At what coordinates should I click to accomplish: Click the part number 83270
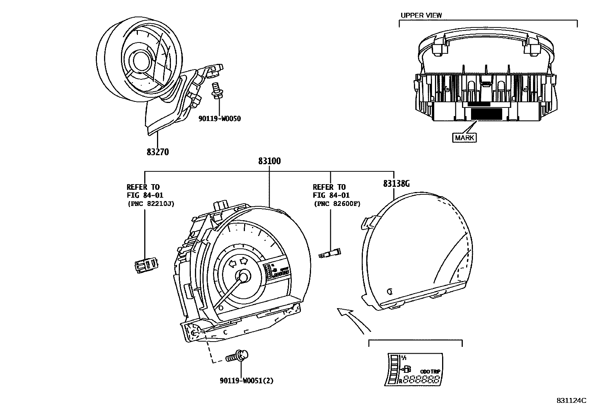(158, 152)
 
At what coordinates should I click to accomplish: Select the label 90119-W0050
(219, 119)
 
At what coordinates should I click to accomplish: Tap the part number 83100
(269, 161)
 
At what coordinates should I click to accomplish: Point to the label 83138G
(396, 184)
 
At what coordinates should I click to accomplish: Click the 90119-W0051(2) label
(246, 381)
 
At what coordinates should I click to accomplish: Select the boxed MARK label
(464, 138)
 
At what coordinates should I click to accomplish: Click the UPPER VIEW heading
(421, 15)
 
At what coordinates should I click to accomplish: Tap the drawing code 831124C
(571, 401)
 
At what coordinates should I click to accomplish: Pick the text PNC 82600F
(337, 204)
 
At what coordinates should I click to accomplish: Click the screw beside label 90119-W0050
(216, 90)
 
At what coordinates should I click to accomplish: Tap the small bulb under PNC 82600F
(330, 253)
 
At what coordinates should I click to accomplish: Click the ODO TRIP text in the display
(430, 371)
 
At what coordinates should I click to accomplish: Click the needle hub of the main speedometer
(243, 277)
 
